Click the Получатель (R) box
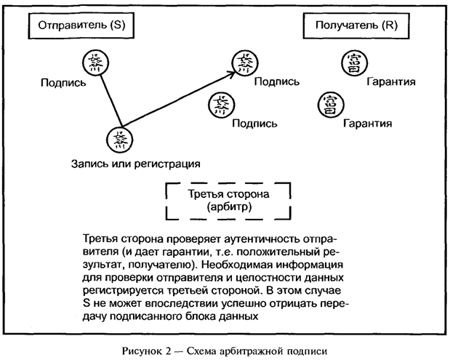coord(356,25)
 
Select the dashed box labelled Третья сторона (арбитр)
coord(229,201)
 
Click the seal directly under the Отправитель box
coord(95,62)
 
